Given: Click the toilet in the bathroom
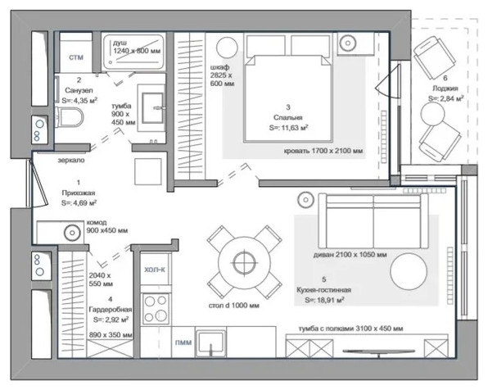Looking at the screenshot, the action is [70, 117].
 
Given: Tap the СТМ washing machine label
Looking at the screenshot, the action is [76, 57].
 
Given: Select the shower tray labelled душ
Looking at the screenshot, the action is [133, 52].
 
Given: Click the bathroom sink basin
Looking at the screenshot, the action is [152, 108].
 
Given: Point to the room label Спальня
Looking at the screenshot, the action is [288, 117].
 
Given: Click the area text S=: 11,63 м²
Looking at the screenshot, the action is [288, 127].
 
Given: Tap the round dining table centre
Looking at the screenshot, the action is [244, 262].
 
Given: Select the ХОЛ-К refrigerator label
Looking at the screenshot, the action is [155, 270].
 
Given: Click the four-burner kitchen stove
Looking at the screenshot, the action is [156, 309].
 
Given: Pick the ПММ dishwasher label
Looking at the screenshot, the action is [183, 342].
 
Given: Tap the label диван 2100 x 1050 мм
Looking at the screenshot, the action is [350, 255].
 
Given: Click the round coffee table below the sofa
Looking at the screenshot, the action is [409, 270].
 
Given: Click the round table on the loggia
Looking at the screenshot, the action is [432, 114].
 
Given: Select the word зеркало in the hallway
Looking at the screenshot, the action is [71, 160].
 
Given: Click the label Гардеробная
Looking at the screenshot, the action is [111, 310].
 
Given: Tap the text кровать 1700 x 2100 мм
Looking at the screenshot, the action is [323, 151].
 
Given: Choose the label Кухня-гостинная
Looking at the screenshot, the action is [323, 290].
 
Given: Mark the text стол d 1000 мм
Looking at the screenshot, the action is [233, 306].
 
